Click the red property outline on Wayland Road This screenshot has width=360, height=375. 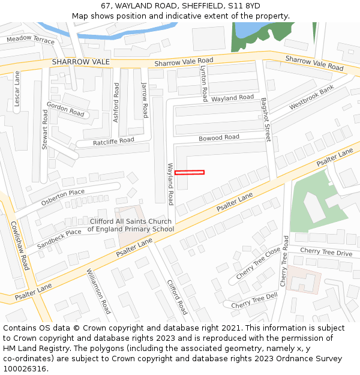point(190,173)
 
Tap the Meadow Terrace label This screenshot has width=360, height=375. point(31,40)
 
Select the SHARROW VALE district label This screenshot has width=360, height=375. point(80,62)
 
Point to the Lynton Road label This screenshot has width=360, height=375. point(204,83)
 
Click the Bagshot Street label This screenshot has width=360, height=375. point(266,119)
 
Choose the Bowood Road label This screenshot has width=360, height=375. point(219,137)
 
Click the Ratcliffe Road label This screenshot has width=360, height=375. point(113,142)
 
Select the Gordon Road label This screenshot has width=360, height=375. point(65,109)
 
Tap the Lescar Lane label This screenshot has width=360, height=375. point(17,89)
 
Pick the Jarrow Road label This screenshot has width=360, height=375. point(145,100)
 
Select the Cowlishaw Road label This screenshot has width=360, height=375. point(20,245)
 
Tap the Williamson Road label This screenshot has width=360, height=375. point(99,291)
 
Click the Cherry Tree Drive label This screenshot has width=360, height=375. point(326,253)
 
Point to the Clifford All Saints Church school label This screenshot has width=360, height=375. point(130,225)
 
